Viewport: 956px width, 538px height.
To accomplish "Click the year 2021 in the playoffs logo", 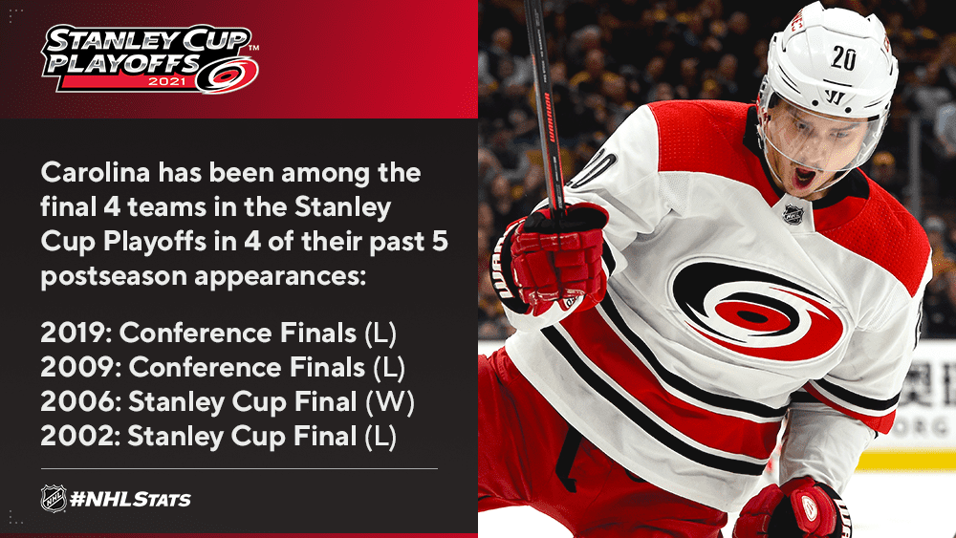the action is click(x=167, y=81).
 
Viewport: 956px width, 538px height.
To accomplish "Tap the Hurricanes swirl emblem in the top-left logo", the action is click(x=227, y=75).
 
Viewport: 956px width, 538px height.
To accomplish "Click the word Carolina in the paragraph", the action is click(x=95, y=173).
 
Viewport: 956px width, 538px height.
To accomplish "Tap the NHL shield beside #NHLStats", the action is click(x=54, y=499).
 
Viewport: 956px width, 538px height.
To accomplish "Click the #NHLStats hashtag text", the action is click(x=130, y=500).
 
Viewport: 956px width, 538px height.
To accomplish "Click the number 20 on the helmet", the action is click(x=843, y=58).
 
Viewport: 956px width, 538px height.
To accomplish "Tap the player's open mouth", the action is click(x=804, y=178).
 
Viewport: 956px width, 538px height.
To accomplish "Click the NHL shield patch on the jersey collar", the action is click(x=793, y=214).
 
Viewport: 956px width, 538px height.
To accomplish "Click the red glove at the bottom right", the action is click(x=793, y=508).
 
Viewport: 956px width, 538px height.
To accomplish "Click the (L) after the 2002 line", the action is click(x=380, y=437).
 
